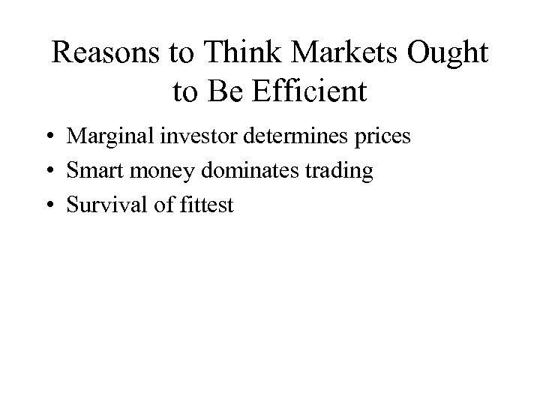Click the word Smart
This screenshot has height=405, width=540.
92,171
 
